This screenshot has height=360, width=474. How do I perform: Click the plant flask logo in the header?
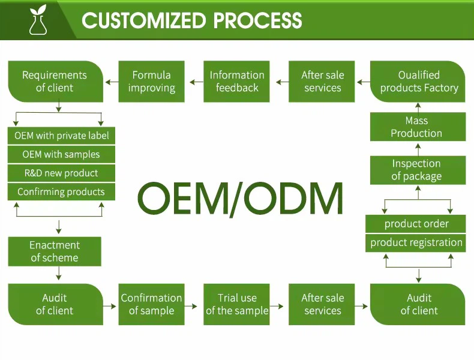(38, 20)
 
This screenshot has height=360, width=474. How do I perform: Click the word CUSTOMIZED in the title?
(142, 20)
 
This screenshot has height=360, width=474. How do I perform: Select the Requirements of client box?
(55, 82)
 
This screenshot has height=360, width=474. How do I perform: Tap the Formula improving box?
(151, 82)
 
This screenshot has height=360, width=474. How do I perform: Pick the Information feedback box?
(237, 82)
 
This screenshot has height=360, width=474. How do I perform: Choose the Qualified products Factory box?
(418, 82)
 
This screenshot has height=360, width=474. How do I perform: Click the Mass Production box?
(416, 127)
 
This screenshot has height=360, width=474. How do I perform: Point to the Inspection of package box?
(416, 170)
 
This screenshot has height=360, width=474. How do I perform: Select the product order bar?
(416, 224)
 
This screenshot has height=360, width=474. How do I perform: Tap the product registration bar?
(416, 243)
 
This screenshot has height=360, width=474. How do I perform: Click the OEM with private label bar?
(61, 136)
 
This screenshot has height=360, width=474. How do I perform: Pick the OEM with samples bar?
(61, 154)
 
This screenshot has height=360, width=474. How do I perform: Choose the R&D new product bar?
(61, 173)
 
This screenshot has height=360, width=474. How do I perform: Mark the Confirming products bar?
(61, 192)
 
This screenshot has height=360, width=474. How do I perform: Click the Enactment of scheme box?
(55, 251)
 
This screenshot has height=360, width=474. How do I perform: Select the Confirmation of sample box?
(151, 304)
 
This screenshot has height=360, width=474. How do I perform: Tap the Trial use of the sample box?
(237, 304)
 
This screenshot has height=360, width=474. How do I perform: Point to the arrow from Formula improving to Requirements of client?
(111, 82)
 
